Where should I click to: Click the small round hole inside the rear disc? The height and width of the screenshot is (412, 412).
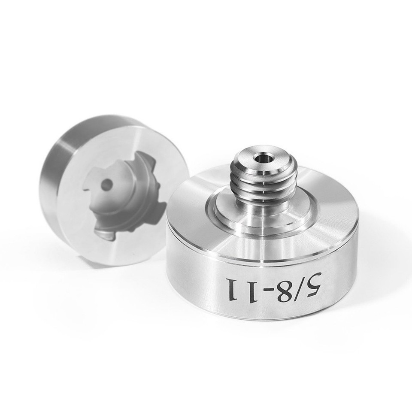pos(106,185)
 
